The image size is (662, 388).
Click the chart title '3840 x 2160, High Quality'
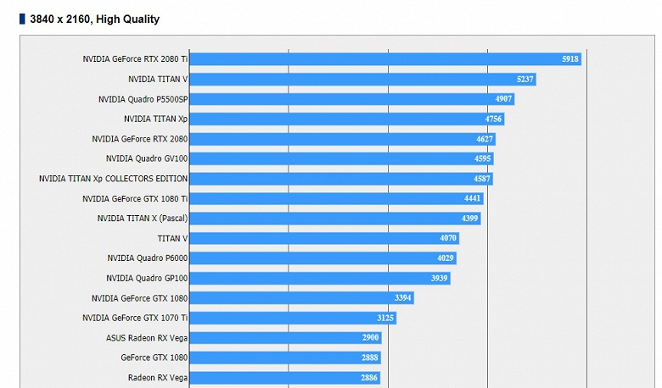tap(94, 19)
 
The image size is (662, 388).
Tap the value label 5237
tap(525, 80)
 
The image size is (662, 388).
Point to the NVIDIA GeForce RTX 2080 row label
tap(139, 139)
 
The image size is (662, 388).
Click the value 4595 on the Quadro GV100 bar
tap(482, 158)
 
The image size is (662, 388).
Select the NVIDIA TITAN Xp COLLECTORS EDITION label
tap(113, 179)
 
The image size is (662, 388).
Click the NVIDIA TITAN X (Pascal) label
tap(142, 219)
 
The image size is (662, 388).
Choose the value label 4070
tap(448, 238)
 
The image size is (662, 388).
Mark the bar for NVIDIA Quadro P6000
tap(323, 258)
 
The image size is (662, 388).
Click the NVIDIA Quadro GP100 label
tap(147, 278)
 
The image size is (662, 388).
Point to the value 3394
tap(403, 298)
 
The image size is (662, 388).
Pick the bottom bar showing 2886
tap(284, 378)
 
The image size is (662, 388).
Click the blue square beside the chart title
tap(22, 19)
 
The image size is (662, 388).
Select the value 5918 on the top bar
tap(569, 59)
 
